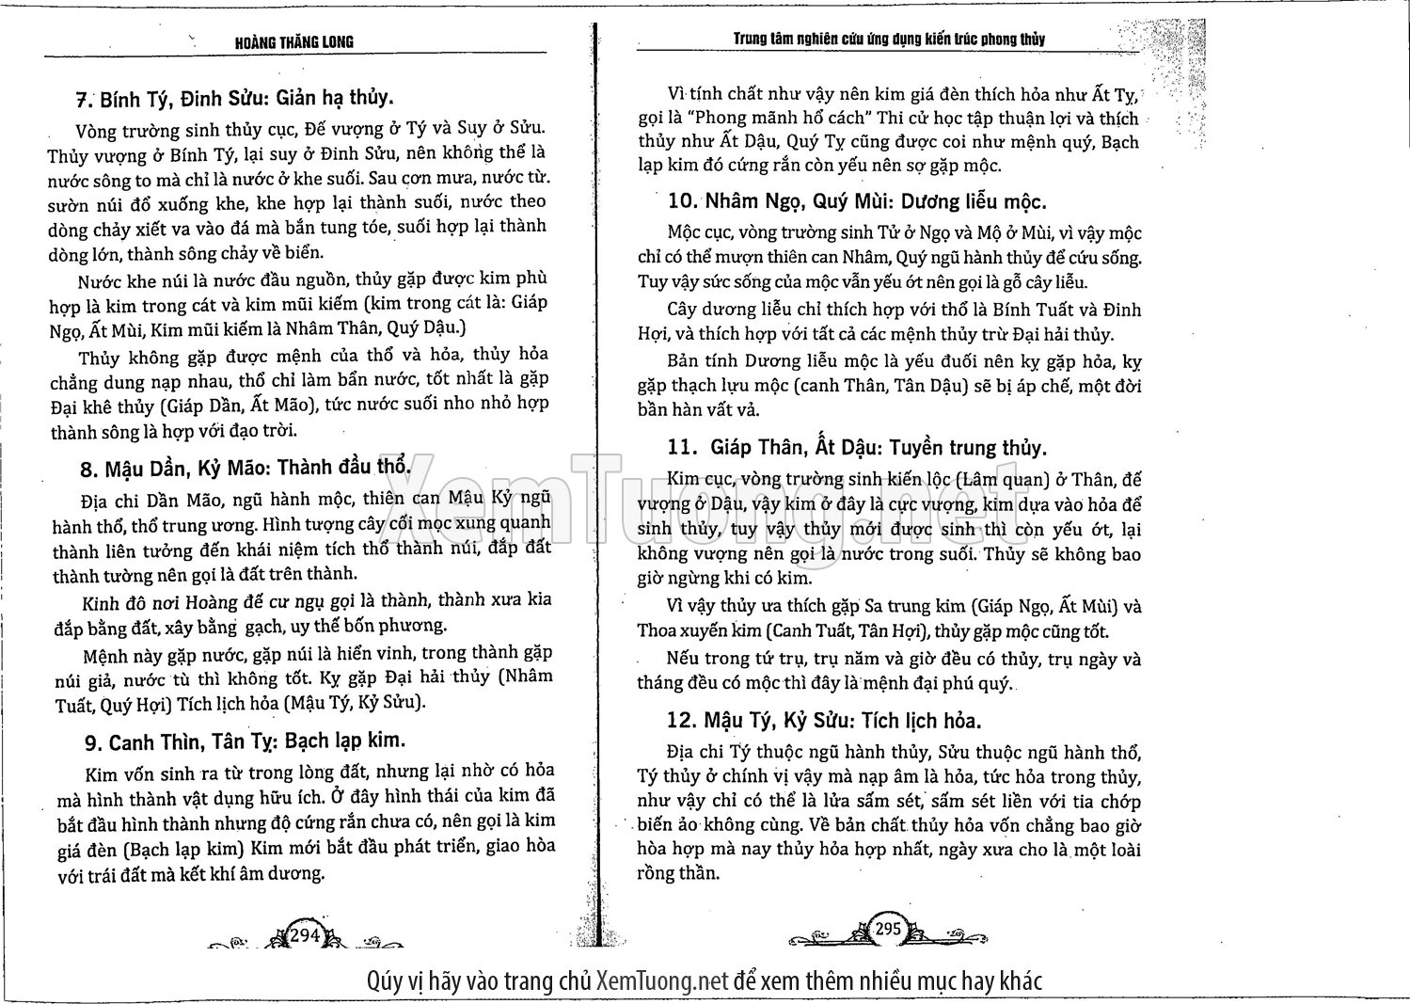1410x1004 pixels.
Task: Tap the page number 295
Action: click(888, 929)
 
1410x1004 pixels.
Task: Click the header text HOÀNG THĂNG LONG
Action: click(294, 41)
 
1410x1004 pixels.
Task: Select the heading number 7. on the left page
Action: click(86, 100)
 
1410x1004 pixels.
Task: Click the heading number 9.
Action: click(93, 743)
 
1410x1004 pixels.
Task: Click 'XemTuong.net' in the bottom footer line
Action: click(663, 981)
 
